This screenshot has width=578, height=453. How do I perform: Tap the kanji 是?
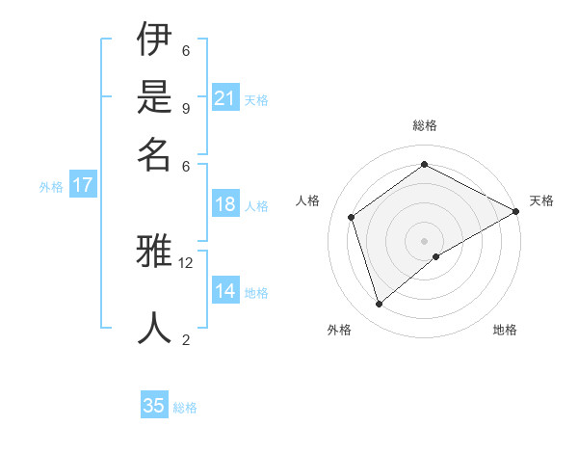[x=155, y=97]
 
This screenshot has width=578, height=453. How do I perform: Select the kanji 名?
[x=155, y=153]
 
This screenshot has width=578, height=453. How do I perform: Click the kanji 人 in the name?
[x=155, y=328]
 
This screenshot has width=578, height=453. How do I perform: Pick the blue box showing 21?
[x=225, y=98]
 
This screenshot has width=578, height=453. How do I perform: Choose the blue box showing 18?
[x=225, y=204]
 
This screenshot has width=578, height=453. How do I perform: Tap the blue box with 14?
[x=225, y=291]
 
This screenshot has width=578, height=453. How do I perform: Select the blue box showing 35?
[x=154, y=406]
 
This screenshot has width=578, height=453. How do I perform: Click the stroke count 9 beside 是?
[x=186, y=108]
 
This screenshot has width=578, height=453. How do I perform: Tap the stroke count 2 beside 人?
[x=186, y=338]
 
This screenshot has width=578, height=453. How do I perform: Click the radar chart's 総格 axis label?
[x=425, y=125]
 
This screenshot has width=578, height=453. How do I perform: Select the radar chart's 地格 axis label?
[x=505, y=330]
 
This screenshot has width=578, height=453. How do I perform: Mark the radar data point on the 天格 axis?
[x=516, y=211]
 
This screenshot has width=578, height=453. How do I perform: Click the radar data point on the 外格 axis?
[x=379, y=305]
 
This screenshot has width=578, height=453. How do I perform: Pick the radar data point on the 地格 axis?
[x=436, y=256]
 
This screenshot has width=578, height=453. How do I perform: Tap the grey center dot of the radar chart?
[x=425, y=240]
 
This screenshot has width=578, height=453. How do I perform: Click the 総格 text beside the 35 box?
[x=185, y=408]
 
